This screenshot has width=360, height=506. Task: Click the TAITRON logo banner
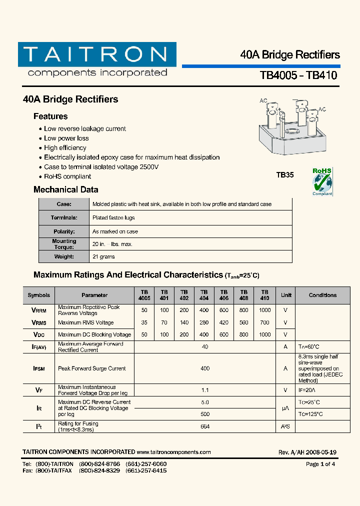[97, 54]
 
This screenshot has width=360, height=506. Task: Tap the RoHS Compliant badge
[322, 182]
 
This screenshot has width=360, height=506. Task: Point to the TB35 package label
[285, 175]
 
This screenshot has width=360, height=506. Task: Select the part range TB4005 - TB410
[298, 75]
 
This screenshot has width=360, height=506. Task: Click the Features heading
[50, 116]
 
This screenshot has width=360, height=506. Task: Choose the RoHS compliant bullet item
[67, 176]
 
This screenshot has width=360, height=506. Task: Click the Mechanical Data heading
[65, 189]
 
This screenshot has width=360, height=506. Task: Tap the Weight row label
[64, 256]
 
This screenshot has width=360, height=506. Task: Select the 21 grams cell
[103, 256]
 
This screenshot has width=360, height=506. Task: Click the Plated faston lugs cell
[113, 217]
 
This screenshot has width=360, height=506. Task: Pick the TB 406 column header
[224, 295]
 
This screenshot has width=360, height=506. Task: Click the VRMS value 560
[244, 322]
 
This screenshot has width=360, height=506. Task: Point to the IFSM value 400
[205, 368]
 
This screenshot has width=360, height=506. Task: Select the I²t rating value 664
[205, 426]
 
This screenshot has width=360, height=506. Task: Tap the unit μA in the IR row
[285, 408]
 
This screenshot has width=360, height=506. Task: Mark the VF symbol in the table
[38, 390]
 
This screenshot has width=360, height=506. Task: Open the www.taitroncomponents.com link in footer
[173, 452]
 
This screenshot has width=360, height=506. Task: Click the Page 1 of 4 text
[320, 464]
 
